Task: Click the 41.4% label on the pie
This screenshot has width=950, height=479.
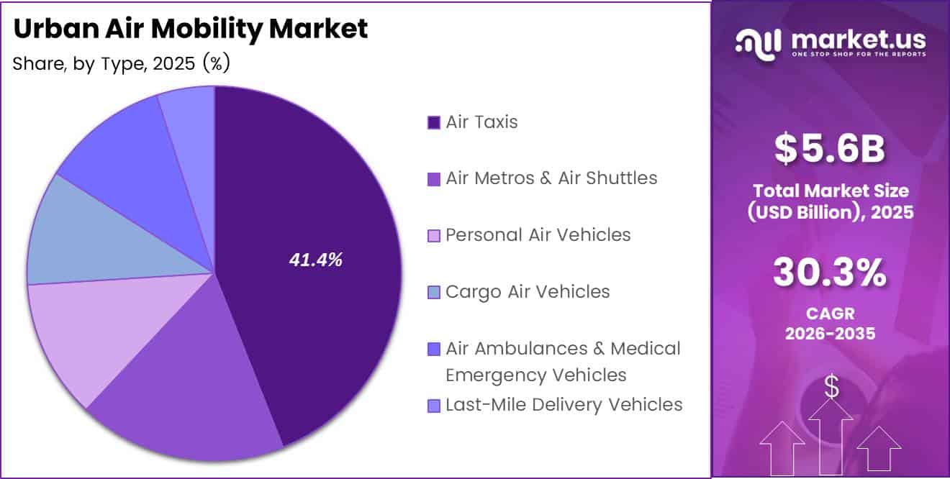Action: (315, 260)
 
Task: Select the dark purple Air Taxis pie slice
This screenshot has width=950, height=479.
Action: (324, 194)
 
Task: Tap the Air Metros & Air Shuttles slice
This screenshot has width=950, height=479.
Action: (194, 381)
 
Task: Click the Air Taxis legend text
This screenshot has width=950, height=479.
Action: (481, 122)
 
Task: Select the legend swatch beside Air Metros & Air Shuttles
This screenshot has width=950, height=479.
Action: (433, 179)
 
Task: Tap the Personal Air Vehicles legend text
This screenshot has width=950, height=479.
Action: (538, 234)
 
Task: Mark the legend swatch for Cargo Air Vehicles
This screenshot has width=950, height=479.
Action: (433, 293)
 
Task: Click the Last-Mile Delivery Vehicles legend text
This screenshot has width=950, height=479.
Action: (564, 405)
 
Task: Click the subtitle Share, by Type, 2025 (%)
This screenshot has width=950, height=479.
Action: (121, 64)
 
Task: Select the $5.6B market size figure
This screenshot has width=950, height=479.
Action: (829, 148)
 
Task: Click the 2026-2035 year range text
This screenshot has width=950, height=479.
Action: (829, 334)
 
